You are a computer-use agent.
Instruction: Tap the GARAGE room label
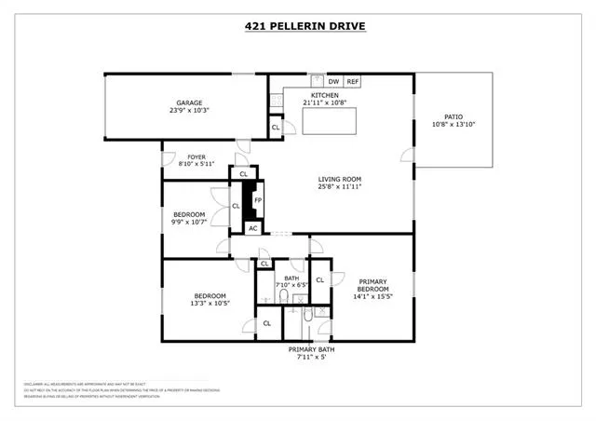190,102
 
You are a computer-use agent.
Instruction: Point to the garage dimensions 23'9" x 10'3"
190,111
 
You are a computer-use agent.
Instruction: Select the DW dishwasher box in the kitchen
333,82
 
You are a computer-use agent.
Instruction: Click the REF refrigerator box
353,82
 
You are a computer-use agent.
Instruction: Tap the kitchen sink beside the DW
316,80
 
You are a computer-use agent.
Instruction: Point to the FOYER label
196,156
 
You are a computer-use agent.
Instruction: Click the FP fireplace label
258,199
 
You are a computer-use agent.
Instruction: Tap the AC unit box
252,227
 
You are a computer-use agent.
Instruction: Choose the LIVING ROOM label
339,179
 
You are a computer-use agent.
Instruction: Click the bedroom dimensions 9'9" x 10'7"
189,224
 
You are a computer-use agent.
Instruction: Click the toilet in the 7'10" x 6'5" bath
283,296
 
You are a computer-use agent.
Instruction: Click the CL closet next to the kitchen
276,128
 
